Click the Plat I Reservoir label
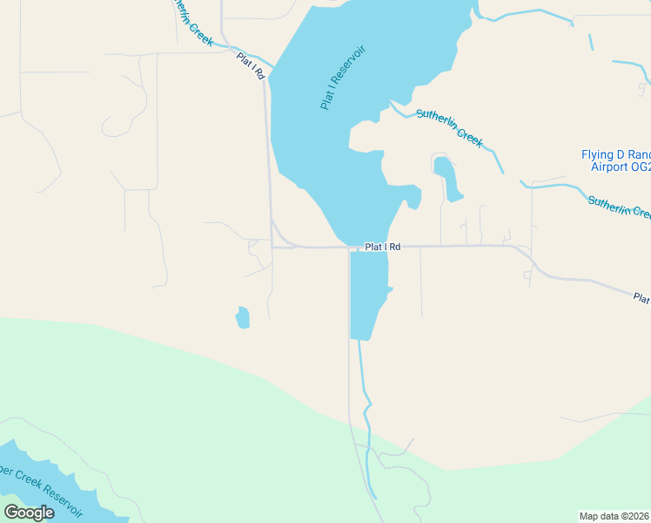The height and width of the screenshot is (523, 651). coord(343,78)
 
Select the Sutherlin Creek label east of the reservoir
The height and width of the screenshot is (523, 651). coord(449,127)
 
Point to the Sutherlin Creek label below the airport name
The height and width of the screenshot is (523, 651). coord(618,207)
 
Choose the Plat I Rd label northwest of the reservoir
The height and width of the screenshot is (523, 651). coord(250,66)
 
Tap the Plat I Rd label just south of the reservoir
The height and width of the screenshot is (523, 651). coord(382,247)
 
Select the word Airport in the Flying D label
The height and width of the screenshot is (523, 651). coord(608,166)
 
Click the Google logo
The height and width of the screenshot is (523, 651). coord(29,513)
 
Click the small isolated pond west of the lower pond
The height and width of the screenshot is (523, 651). coord(242,318)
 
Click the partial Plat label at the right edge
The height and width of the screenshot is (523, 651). coord(641,299)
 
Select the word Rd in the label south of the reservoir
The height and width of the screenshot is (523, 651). coord(394,247)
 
